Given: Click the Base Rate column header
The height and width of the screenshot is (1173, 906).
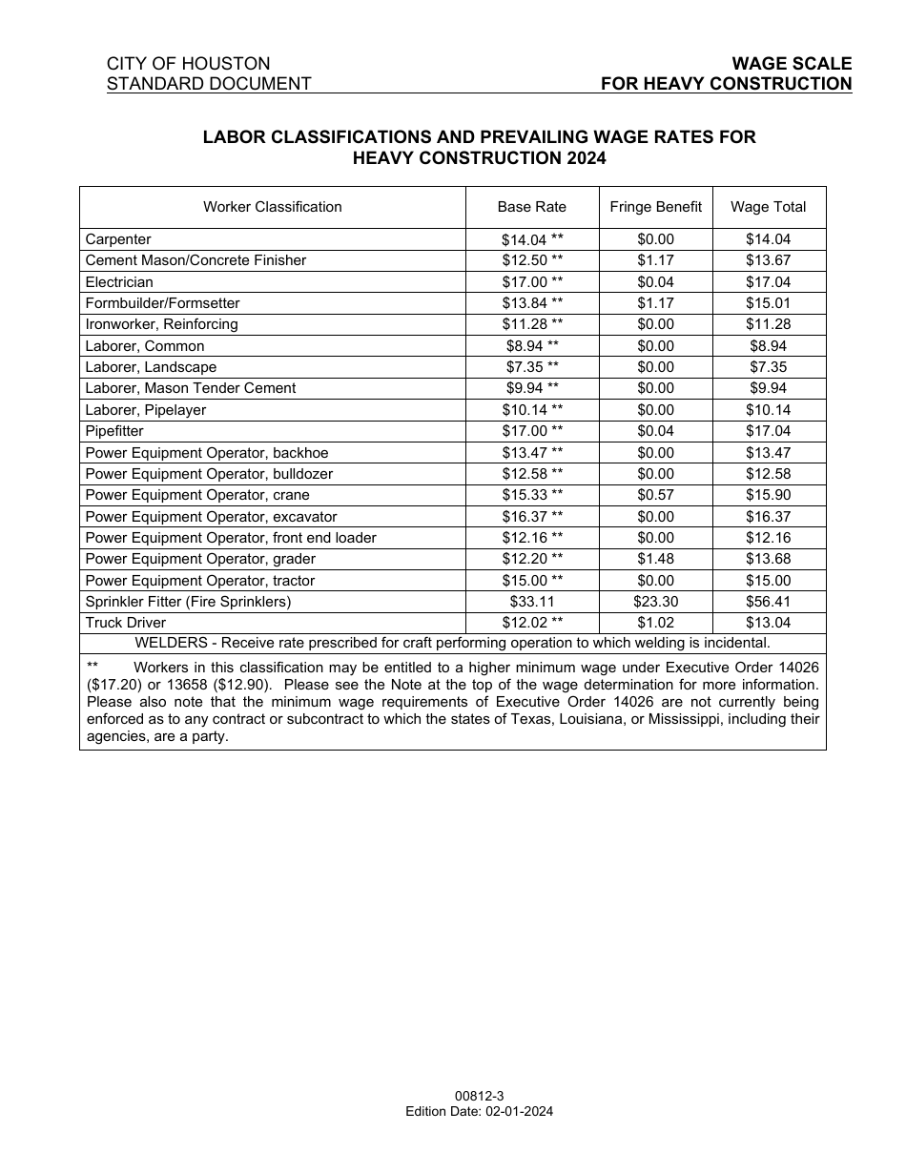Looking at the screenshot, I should (x=531, y=207).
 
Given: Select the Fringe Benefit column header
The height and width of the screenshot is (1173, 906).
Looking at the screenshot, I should (x=655, y=207).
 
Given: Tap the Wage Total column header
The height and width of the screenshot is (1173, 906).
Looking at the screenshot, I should (x=768, y=207).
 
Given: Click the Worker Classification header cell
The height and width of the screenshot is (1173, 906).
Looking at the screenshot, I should (x=272, y=207).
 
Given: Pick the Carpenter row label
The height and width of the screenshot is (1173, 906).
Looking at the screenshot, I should (x=118, y=239).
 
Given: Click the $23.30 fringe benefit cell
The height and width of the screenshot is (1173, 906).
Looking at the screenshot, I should (x=655, y=602).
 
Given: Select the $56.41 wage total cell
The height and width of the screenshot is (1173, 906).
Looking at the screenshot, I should (x=768, y=602).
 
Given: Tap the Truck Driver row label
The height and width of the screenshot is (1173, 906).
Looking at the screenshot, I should (x=125, y=623).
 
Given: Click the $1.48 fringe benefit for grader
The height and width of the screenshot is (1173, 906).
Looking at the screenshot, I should (x=655, y=559).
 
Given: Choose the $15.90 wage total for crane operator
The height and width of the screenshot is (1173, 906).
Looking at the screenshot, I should (x=768, y=495).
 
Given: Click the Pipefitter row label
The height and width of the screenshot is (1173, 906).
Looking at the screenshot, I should (x=114, y=431).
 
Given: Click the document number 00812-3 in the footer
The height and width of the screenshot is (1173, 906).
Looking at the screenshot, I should (x=479, y=1098).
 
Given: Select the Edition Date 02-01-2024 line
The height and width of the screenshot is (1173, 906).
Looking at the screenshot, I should (x=479, y=1111).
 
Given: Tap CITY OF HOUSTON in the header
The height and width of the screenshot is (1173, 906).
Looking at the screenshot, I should (x=188, y=64).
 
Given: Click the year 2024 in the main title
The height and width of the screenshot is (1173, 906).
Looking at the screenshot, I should (x=585, y=158).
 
